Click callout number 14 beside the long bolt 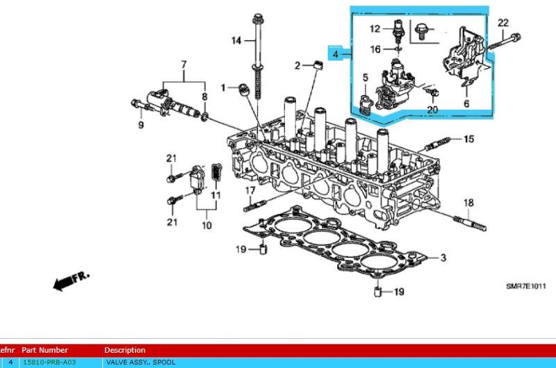pos(236,41)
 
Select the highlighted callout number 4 pos(336,53)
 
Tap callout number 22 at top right pos(503,24)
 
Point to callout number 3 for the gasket pos(443,258)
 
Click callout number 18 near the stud pos(468,202)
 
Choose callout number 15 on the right pos(468,140)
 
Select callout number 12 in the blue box pos(375,29)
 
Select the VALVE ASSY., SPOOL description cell pos(140,362)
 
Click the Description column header pos(125,350)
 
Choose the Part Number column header pos(44,350)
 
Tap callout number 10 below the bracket pos(206,226)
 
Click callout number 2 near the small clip pos(296,65)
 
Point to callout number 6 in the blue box pos(466,103)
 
